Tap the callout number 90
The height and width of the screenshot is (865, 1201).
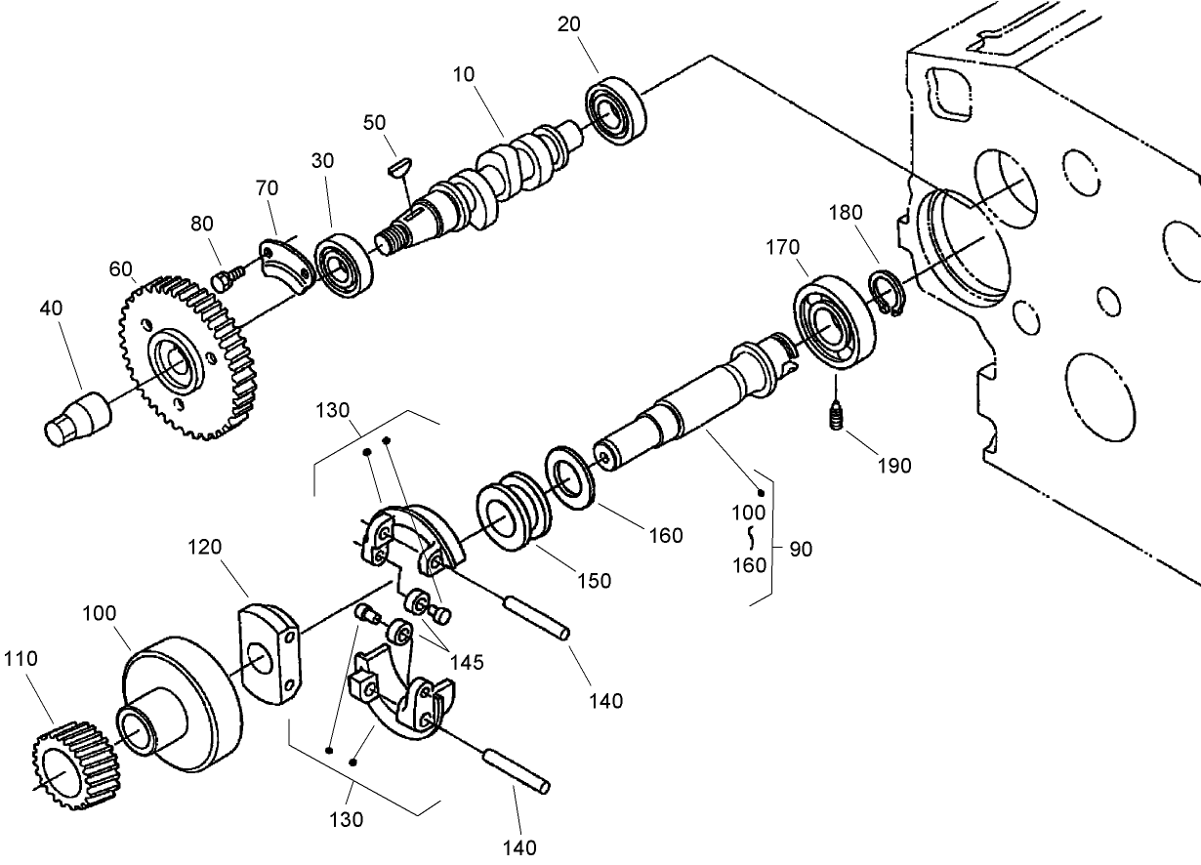tap(800, 549)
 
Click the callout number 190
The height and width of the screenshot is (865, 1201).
tap(892, 466)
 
